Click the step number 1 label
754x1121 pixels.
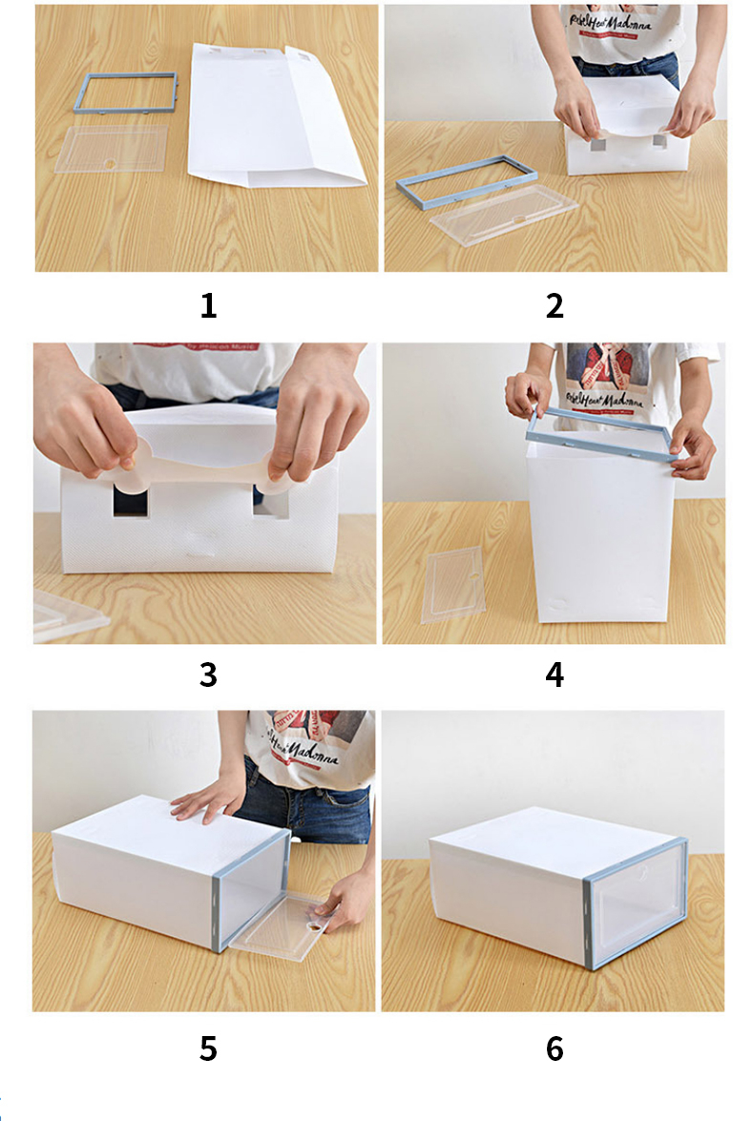(x=208, y=306)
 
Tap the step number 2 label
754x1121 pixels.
(x=555, y=306)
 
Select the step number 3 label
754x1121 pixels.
(x=208, y=675)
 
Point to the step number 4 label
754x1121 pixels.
(x=555, y=675)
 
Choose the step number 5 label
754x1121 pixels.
(x=208, y=1049)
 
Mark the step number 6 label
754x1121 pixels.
(x=555, y=1049)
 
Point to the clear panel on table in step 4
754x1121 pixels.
(x=453, y=584)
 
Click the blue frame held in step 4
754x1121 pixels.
(x=601, y=434)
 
